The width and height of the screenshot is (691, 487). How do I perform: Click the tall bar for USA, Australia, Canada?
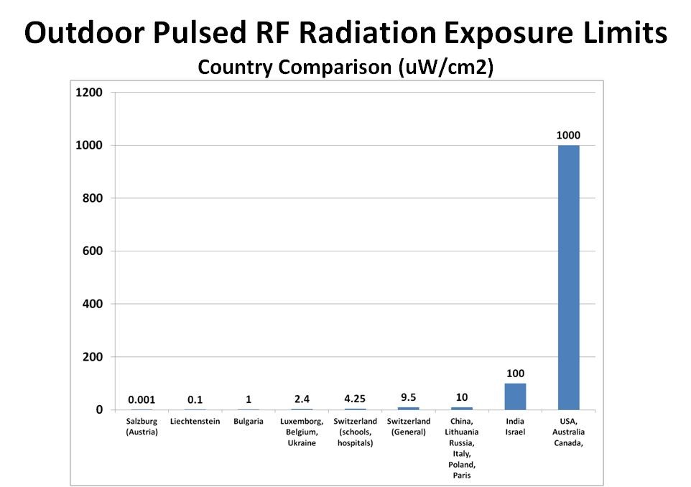coord(568,277)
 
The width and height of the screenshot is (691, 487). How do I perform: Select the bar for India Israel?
coord(515,396)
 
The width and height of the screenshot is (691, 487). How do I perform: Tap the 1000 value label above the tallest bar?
coord(568,135)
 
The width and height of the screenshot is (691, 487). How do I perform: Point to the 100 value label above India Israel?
coord(515,374)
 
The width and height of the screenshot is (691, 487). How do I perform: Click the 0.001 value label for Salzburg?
coord(142,399)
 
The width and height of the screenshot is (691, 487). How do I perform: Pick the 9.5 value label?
coord(408,397)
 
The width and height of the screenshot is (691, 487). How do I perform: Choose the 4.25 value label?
coord(355,399)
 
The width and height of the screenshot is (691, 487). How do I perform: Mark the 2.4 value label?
coord(302,399)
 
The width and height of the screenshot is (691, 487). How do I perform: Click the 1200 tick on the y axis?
coord(90,93)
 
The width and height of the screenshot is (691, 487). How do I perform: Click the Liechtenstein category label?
coord(195,422)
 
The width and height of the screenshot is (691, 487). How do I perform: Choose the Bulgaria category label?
coord(249,422)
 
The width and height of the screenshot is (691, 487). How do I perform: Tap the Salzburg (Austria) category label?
coord(142,427)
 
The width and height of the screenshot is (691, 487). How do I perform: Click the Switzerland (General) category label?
coord(408,427)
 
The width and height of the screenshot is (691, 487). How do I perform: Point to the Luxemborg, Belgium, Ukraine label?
coord(302,432)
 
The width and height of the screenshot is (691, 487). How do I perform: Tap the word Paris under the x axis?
coord(462,475)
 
